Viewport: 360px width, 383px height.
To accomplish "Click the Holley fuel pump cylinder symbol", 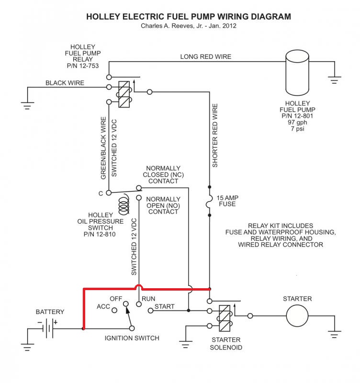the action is (x=297, y=73).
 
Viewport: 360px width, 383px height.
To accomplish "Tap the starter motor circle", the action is (x=297, y=316).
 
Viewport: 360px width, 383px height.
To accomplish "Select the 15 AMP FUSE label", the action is (x=227, y=201).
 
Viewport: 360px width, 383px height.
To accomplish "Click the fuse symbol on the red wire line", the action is (x=208, y=201).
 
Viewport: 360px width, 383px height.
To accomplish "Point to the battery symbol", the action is (x=48, y=328).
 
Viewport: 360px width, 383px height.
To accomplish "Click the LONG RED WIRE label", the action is (x=206, y=56).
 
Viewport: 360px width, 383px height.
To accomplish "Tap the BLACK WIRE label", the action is (x=65, y=83).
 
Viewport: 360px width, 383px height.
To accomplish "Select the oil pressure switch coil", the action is (x=124, y=204).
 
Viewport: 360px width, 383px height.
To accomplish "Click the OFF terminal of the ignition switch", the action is (x=125, y=304).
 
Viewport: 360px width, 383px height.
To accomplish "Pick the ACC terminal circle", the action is (x=114, y=310).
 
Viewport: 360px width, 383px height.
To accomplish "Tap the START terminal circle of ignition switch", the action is (x=151, y=310).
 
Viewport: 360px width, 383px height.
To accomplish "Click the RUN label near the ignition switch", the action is (x=148, y=299).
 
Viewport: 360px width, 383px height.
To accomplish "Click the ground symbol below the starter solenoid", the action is (x=186, y=344).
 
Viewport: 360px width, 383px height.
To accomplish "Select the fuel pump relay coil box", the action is (x=124, y=94).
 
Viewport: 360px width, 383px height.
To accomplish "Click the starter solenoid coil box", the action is (x=225, y=318).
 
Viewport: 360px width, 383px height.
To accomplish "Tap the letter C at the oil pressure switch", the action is (x=101, y=194).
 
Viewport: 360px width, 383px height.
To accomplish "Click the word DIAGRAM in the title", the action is (x=271, y=17).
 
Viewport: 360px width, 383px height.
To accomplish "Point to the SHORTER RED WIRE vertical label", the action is (x=215, y=135).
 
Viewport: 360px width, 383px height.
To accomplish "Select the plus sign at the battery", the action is (x=56, y=322).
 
